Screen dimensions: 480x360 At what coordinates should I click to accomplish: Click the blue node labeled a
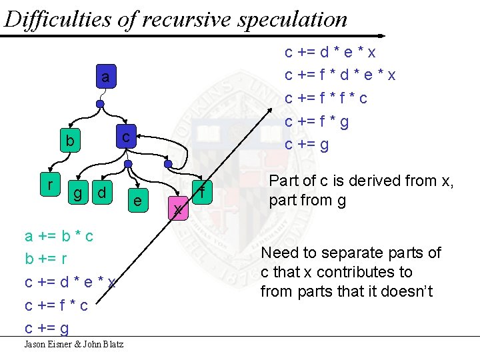[x=105, y=78]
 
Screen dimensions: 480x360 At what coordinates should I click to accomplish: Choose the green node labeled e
[x=137, y=200]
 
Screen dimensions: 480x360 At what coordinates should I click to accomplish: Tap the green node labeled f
[x=201, y=192]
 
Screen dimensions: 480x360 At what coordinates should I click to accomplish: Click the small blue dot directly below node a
[x=99, y=105]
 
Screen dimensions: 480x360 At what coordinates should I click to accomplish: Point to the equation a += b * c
[x=59, y=236]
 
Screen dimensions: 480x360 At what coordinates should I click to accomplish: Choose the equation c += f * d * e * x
[x=340, y=75]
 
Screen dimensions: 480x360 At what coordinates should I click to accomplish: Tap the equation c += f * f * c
[x=326, y=98]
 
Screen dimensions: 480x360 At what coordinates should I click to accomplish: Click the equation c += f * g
[x=317, y=121]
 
